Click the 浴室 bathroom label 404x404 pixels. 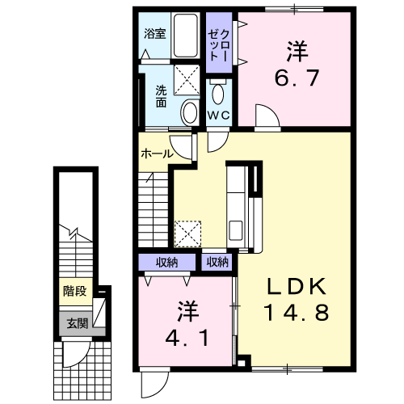[x=154, y=34]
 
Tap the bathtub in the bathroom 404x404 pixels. [x=187, y=36]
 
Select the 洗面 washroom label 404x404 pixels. [x=162, y=96]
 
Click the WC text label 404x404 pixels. [x=219, y=116]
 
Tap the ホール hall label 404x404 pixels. [x=157, y=154]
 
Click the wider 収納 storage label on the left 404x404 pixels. [x=166, y=262]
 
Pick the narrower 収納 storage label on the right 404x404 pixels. [x=217, y=262]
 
